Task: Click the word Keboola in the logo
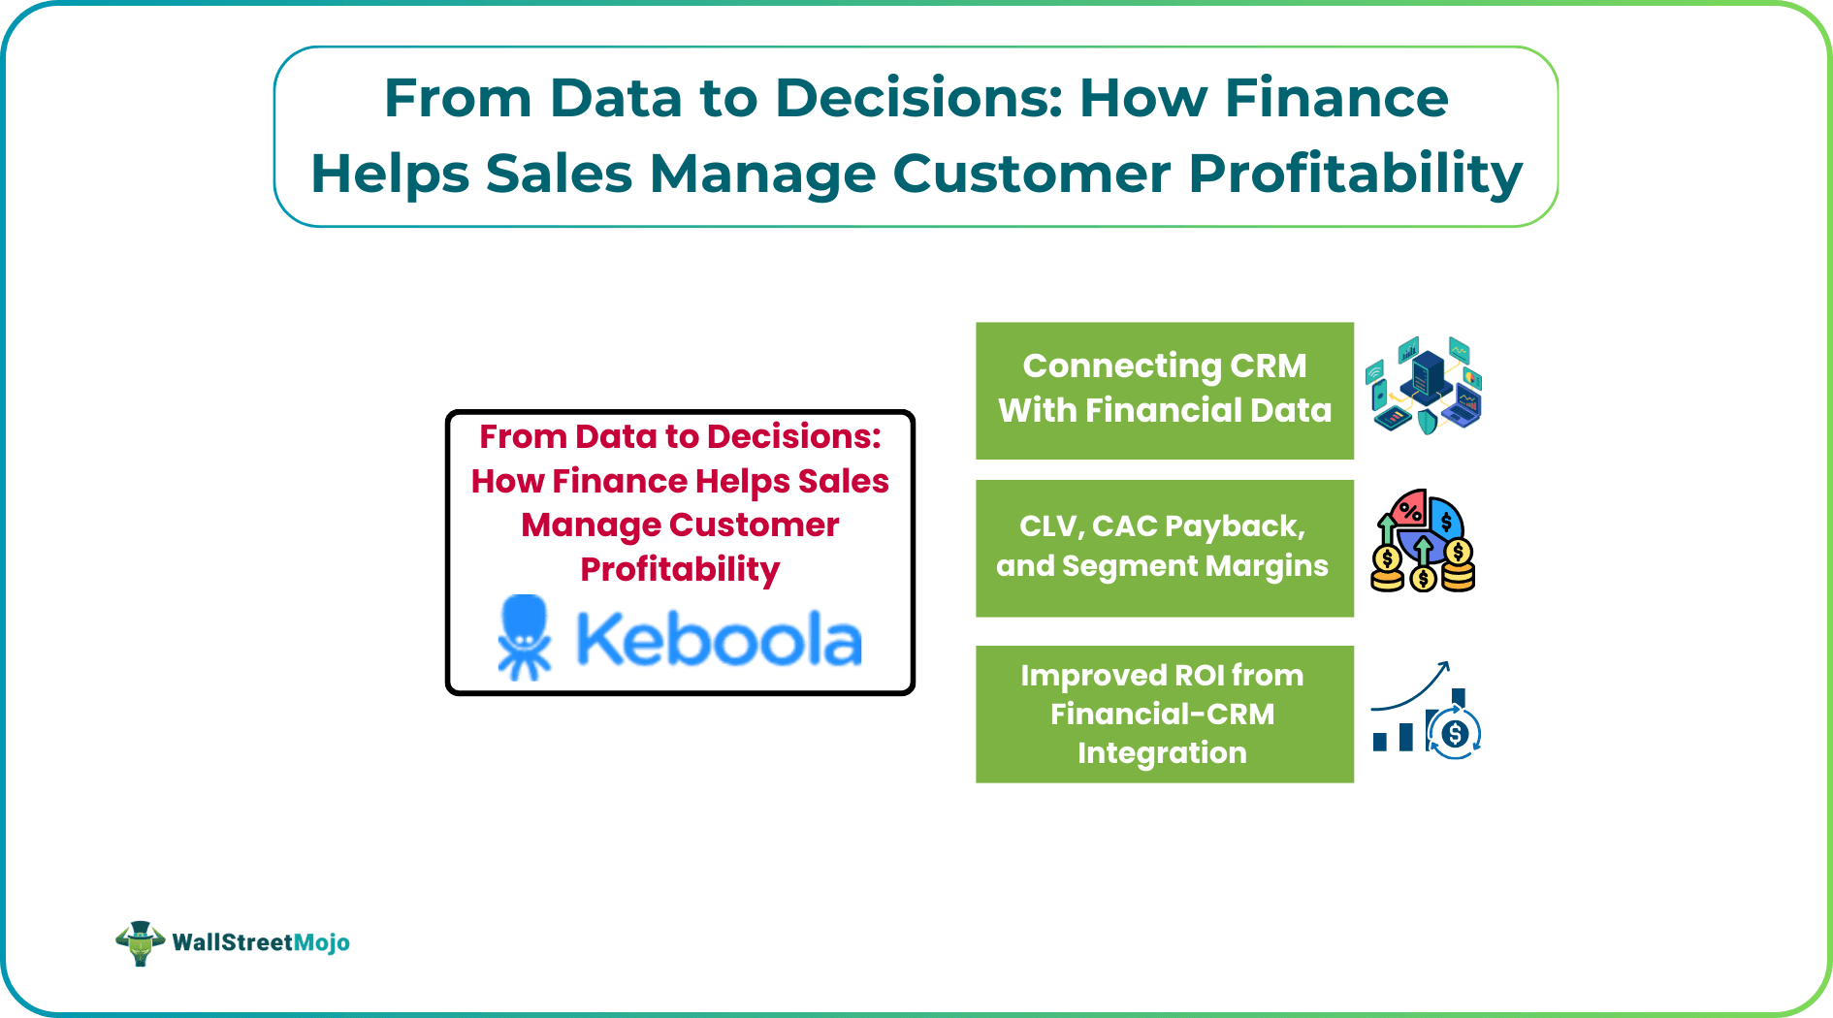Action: [x=719, y=640]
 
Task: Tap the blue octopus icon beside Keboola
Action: [x=525, y=637]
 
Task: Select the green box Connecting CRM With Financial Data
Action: [x=1164, y=390]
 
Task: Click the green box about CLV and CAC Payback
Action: [x=1164, y=548]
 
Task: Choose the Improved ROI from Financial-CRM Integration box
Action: [x=1164, y=714]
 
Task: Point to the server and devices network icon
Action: [x=1424, y=386]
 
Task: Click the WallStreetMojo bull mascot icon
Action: [x=140, y=942]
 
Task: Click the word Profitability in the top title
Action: [x=1355, y=174]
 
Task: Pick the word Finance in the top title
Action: [x=1335, y=98]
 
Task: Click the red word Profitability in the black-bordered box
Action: [x=680, y=569]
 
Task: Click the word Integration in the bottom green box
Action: [x=1162, y=752]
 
